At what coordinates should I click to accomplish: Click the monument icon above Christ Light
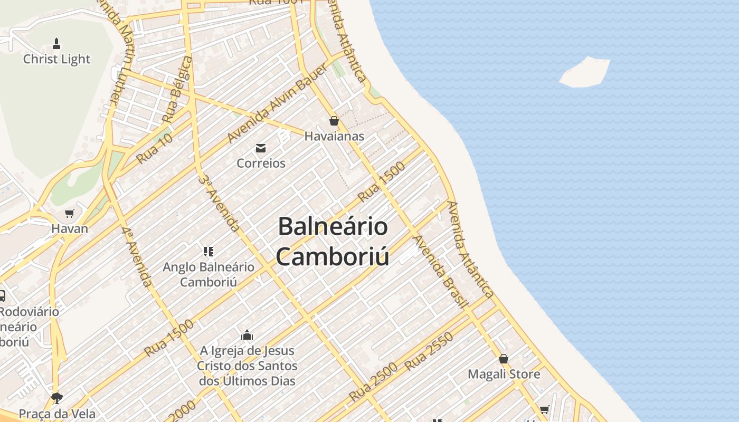point(56,44)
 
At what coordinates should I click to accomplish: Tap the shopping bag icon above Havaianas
point(334,121)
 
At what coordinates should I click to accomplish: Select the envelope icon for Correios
point(261,148)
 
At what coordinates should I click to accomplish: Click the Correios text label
point(261,163)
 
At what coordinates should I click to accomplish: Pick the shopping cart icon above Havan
point(69,214)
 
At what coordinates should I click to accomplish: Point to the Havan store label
point(69,229)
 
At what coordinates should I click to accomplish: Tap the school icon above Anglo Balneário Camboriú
point(209,251)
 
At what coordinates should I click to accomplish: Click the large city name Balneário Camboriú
point(333,242)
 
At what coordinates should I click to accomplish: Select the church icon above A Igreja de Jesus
point(247,335)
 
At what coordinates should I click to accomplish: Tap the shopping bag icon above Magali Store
point(504,359)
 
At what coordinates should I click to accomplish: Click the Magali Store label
point(504,374)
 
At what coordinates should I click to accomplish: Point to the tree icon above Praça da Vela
point(56,398)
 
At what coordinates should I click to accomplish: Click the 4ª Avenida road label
point(137,257)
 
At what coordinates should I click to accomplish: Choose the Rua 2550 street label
point(429,351)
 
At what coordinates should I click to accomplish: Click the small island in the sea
point(585,72)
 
